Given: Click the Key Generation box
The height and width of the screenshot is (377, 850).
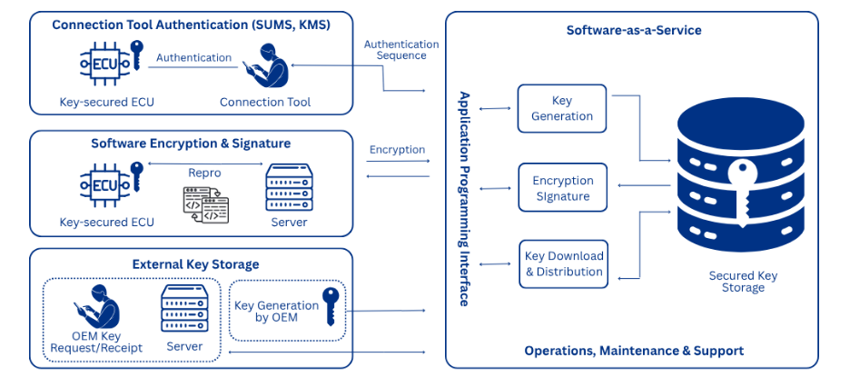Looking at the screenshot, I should pos(561,108).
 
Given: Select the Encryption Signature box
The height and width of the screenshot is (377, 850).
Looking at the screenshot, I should pos(562,188).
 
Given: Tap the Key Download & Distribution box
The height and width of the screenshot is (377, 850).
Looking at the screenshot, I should pos(563,264).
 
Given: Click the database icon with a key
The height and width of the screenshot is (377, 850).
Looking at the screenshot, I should pos(743,182).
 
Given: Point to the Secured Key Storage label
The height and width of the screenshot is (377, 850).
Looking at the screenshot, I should pos(743,282).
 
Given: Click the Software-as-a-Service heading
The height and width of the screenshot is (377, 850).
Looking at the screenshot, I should pos(634,30).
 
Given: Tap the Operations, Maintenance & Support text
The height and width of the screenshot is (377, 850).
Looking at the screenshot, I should pos(634,351).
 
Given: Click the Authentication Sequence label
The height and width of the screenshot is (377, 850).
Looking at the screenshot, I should pos(401,50).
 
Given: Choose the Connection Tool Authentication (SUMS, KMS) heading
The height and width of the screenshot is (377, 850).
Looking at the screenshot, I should pos(191,25).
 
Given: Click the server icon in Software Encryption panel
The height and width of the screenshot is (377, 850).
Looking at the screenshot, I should pos(289,188).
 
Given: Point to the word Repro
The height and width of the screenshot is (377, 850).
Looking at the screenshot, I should pos(204,172).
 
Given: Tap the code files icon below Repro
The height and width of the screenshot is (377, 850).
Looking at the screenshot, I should pos(205,204).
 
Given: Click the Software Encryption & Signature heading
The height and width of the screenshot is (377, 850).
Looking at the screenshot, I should pos(191,144).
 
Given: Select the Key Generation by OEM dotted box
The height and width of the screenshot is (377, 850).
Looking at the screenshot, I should pos(286,309).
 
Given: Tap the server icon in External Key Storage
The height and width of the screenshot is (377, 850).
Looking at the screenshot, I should pos(184,309).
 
